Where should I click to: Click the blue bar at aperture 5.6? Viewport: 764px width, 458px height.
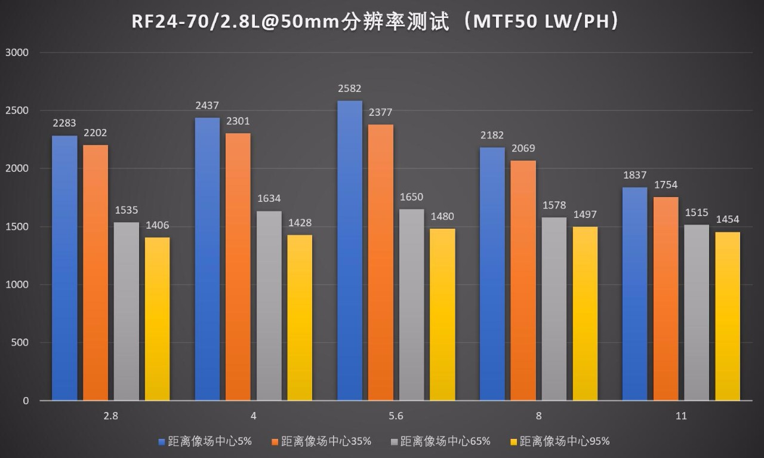[x=350, y=251]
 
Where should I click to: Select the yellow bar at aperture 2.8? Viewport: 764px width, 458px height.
[x=157, y=319]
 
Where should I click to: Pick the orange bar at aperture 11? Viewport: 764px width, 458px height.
[x=666, y=299]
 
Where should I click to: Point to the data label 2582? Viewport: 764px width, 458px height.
[x=349, y=88]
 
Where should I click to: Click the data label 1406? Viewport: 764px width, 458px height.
[x=157, y=225]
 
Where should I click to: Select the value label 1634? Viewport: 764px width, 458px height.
[x=269, y=199]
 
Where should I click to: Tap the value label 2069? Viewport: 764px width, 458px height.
[x=523, y=148]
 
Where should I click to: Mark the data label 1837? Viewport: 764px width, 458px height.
[x=634, y=175]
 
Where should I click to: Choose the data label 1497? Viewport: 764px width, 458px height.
[x=585, y=214]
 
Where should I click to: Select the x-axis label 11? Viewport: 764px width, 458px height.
[x=681, y=416]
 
